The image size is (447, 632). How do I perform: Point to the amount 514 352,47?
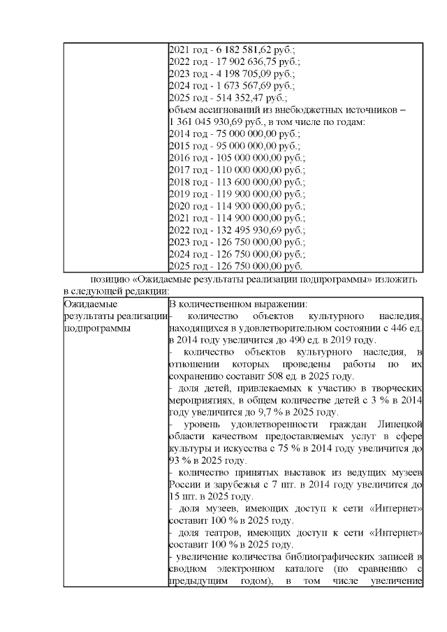tap(234, 98)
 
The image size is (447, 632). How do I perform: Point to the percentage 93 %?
tap(179, 460)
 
